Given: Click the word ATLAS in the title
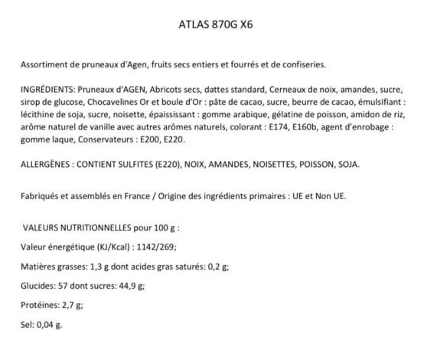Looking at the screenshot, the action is tap(192, 24).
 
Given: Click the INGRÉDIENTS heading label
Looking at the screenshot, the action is tap(49, 90).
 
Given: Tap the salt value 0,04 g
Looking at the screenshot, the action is tap(49, 324).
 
